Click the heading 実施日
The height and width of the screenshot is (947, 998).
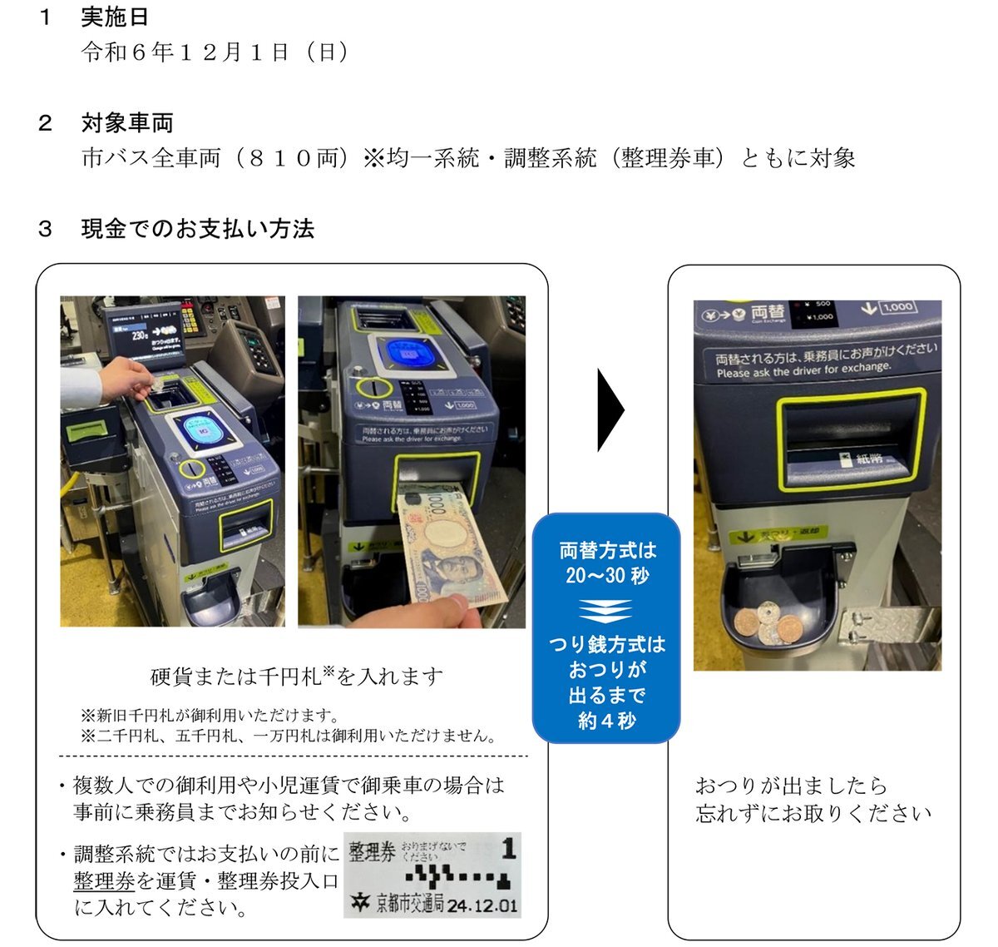115,17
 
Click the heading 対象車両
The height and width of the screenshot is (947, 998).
127,123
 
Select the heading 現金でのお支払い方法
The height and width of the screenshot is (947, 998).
197,229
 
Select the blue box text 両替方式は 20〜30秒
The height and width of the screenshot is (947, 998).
607,563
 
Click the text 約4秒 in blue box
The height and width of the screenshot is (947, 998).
607,721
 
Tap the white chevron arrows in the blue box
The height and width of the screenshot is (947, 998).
606,611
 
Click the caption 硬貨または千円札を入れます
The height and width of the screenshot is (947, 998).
296,677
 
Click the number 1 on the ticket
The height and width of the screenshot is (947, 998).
509,849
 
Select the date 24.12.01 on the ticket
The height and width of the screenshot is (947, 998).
482,905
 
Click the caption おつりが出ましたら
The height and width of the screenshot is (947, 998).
790,786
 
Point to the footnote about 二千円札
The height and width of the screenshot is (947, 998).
288,736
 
